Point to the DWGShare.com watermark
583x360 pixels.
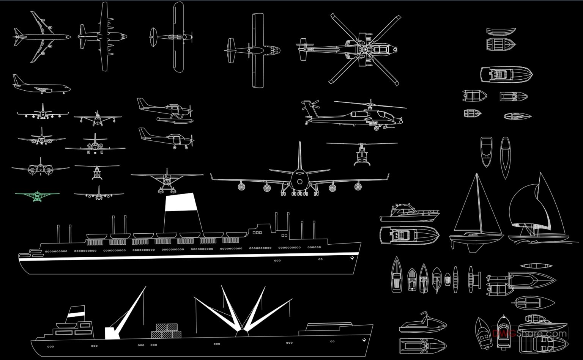click(x=529, y=334)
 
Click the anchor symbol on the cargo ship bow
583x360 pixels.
click(x=364, y=340)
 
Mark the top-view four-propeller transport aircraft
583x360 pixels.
click(x=103, y=37)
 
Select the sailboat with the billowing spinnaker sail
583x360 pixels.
click(x=535, y=212)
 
